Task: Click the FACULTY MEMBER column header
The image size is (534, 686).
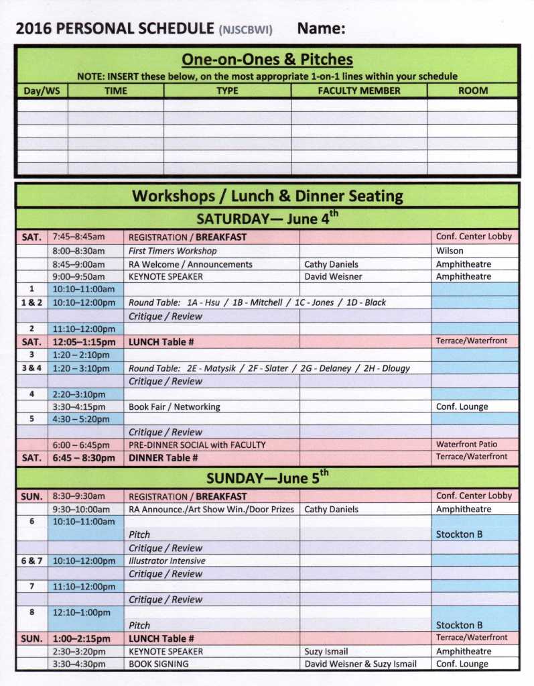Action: coord(359,91)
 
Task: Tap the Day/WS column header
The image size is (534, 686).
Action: coord(42,91)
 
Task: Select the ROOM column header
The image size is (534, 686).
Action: coord(472,91)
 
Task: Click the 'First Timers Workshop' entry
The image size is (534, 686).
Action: coord(173,251)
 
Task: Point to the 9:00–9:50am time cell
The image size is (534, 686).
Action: coord(79,276)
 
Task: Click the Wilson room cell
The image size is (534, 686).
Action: coord(450,251)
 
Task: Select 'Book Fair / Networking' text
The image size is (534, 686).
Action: coord(174,406)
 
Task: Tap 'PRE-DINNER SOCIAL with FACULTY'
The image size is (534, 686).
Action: coord(197,445)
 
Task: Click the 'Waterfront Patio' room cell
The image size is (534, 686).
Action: coord(468,444)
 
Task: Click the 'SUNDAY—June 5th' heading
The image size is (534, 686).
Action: coord(267,478)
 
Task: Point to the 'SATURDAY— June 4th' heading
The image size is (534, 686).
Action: coord(267,219)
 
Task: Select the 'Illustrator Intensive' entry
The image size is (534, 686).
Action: coord(167,561)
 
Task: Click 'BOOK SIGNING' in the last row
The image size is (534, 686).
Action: coord(159,664)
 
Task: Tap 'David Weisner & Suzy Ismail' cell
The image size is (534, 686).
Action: coord(360,664)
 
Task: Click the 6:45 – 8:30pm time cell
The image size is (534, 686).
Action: coord(84,458)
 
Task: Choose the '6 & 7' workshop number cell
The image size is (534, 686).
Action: coord(31,561)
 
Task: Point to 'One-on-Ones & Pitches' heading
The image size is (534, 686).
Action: coord(267,60)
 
